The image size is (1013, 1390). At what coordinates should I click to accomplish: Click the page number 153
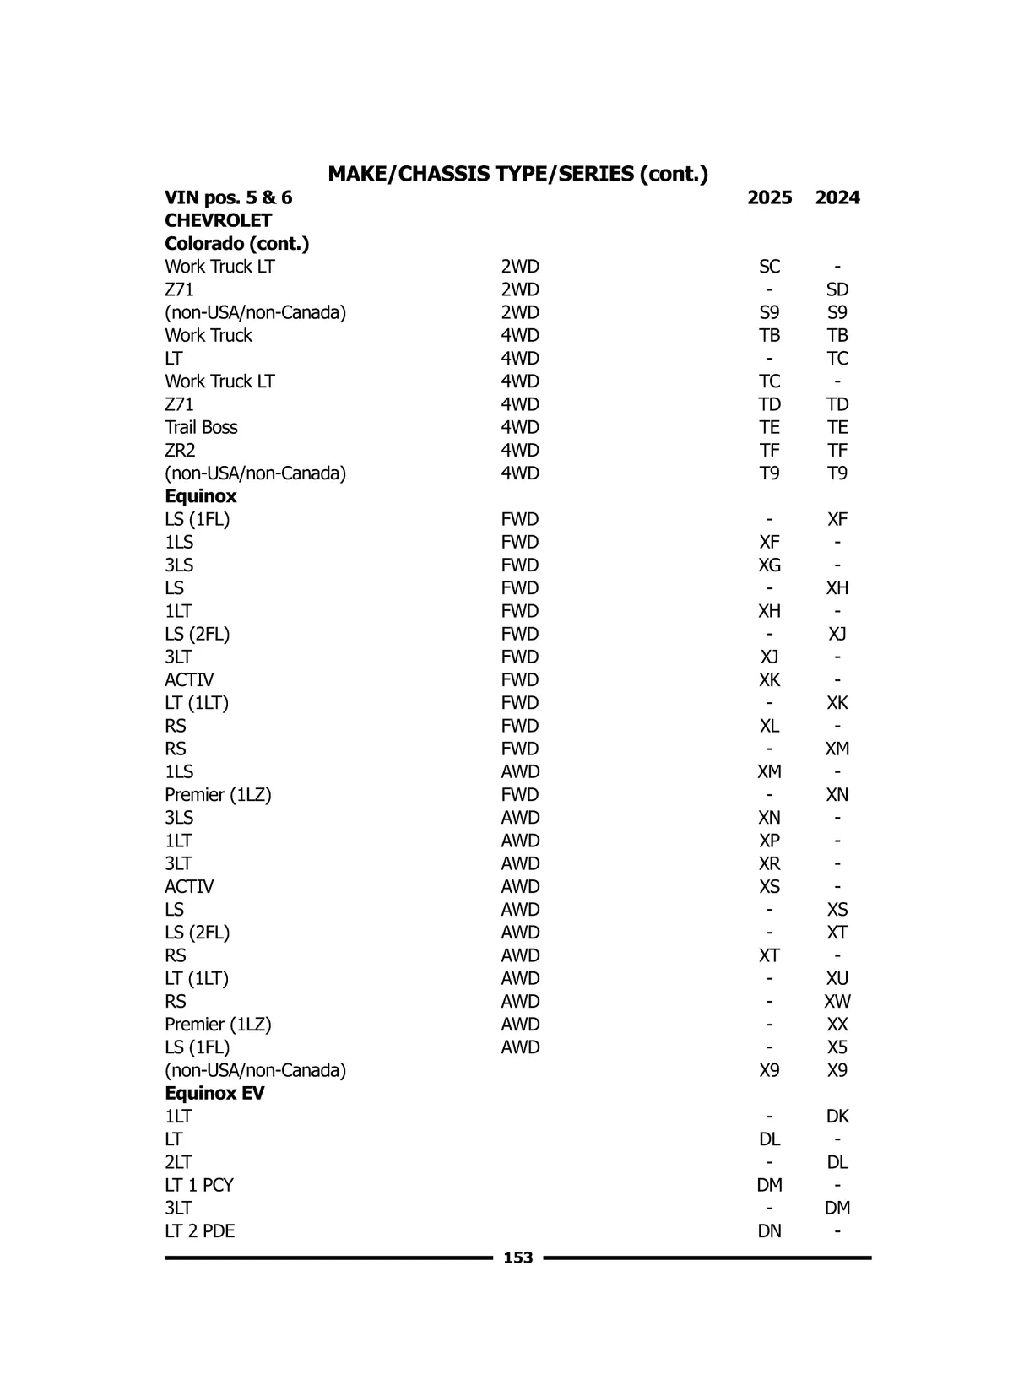click(x=517, y=1257)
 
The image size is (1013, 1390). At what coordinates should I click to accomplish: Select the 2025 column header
click(x=769, y=197)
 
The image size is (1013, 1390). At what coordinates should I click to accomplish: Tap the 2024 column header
click(x=837, y=197)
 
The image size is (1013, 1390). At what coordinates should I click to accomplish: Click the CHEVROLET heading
click(x=218, y=220)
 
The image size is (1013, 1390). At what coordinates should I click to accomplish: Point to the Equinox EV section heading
click(x=214, y=1093)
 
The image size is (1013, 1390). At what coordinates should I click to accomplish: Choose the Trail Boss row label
click(x=201, y=427)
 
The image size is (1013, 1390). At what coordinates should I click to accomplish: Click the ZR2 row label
click(x=180, y=450)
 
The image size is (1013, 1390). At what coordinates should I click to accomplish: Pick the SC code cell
click(x=769, y=267)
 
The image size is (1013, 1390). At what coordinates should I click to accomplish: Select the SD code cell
click(x=837, y=289)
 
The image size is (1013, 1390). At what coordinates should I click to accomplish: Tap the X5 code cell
click(x=837, y=1047)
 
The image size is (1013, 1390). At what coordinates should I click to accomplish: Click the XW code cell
click(x=837, y=1001)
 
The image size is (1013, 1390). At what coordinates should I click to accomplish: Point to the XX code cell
click(x=837, y=1025)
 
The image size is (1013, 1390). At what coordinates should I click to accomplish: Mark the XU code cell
click(x=837, y=978)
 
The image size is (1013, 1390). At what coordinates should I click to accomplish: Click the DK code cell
click(x=837, y=1116)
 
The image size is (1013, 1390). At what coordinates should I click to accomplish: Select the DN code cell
click(x=769, y=1230)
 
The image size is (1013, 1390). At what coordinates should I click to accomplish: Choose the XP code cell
click(x=769, y=841)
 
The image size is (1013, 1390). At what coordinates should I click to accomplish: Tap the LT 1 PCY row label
click(x=198, y=1185)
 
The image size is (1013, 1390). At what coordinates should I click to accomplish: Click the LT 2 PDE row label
click(x=199, y=1230)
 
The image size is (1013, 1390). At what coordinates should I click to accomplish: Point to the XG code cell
click(x=769, y=565)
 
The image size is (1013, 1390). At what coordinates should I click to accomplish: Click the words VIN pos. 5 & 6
click(x=228, y=197)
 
